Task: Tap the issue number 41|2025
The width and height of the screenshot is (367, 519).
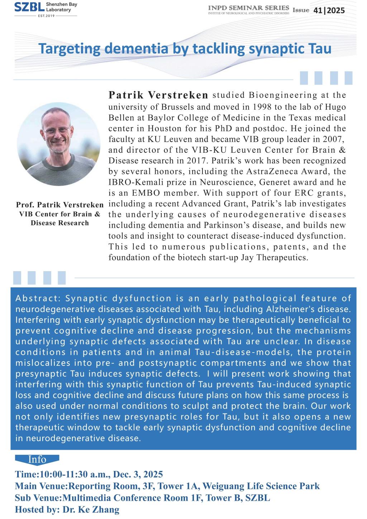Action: pos(329,10)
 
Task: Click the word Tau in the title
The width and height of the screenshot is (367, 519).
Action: pos(318,48)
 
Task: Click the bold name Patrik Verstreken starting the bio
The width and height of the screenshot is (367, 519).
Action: pos(158,96)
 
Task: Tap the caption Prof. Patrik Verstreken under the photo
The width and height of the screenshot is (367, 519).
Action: pos(59,205)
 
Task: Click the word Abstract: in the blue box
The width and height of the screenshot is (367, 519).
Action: pos(38,298)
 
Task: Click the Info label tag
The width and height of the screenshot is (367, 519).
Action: pos(37,459)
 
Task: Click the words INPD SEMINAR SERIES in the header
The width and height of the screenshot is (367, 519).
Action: pos(248,8)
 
